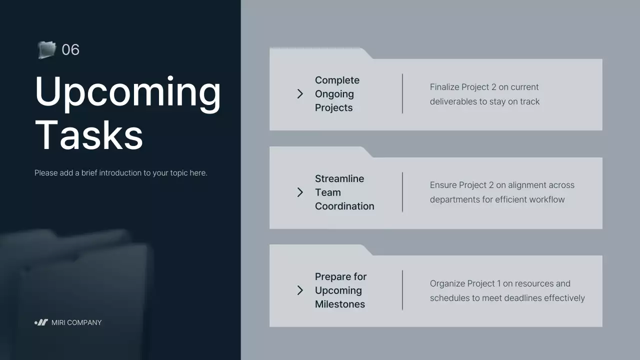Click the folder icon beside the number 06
pos(46,49)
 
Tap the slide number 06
pos(70,49)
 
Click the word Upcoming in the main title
pos(128,91)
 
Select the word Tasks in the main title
pos(89,135)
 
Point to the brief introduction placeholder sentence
pos(120,173)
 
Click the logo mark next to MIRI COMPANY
pos(41,322)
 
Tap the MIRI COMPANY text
pos(76,322)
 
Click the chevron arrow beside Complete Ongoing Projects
pos(300,93)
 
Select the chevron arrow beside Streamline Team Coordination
pos(300,192)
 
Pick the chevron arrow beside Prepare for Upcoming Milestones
pos(300,290)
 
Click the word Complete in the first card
pos(337,80)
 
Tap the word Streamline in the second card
pos(339,178)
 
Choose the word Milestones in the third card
pos(340,304)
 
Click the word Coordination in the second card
pos(344,206)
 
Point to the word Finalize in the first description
pos(444,87)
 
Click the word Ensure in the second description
pos(443,185)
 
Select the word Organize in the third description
pos(447,283)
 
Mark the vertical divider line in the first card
pos(402,93)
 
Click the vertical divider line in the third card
pos(402,290)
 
